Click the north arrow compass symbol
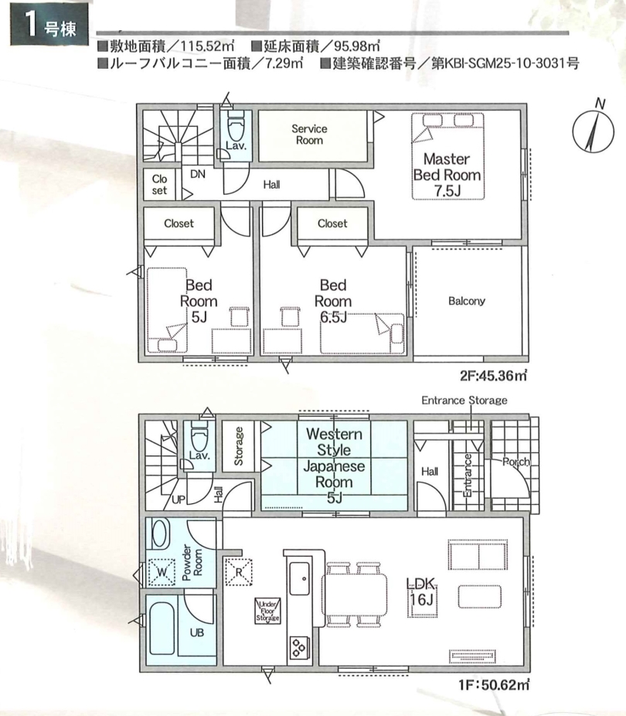click(x=592, y=130)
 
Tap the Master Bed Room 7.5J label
click(x=447, y=175)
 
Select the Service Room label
click(x=309, y=135)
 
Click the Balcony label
click(x=466, y=301)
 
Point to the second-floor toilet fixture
click(x=236, y=127)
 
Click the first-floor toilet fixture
click(x=199, y=436)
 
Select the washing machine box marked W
click(x=162, y=572)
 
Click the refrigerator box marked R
click(x=239, y=571)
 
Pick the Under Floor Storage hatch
click(x=267, y=611)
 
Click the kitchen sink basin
click(x=299, y=578)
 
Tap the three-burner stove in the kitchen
click(x=299, y=647)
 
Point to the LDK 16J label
click(x=421, y=591)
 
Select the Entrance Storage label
click(x=464, y=401)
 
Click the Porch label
click(x=516, y=462)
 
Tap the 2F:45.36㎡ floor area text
click(x=494, y=376)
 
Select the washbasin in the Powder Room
click(x=159, y=533)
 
